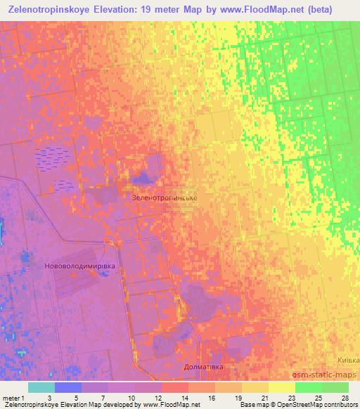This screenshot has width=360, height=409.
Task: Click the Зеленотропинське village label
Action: pyautogui.click(x=165, y=198)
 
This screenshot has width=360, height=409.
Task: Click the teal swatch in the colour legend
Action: pyautogui.click(x=41, y=387)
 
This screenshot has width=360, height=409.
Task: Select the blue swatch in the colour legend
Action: pyautogui.click(x=67, y=387)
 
